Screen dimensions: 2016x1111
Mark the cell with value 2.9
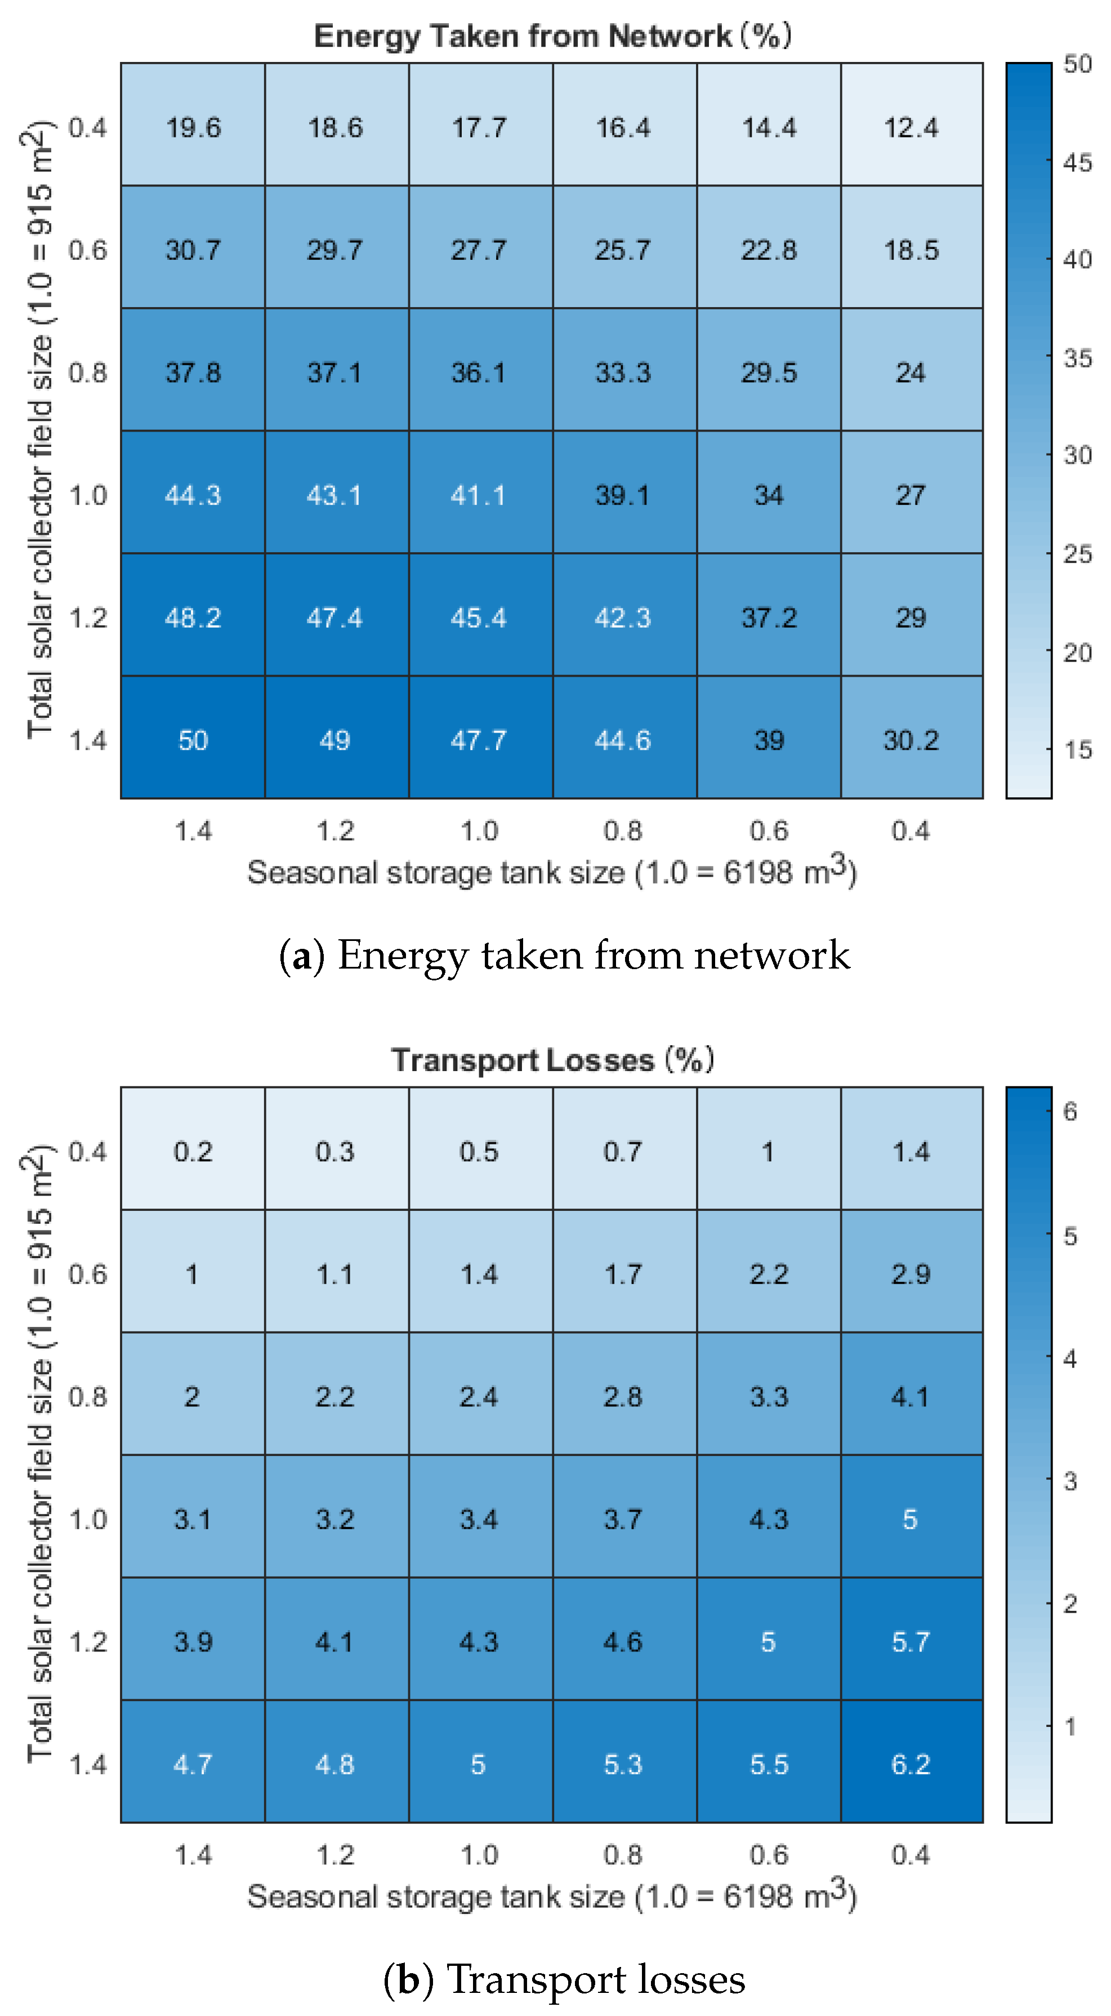tap(912, 1273)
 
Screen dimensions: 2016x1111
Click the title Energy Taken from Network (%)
tap(552, 36)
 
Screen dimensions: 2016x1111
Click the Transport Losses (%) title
tap(552, 1060)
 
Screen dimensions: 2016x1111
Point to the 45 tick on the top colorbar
tap(1077, 162)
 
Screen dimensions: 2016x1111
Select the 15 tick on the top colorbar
tap(1077, 750)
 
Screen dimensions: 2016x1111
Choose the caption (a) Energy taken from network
tap(564, 956)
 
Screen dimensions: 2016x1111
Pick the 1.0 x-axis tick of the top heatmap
tap(479, 831)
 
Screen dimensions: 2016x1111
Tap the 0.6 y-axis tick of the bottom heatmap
tap(88, 1273)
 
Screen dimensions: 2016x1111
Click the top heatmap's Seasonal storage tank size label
tap(552, 871)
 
